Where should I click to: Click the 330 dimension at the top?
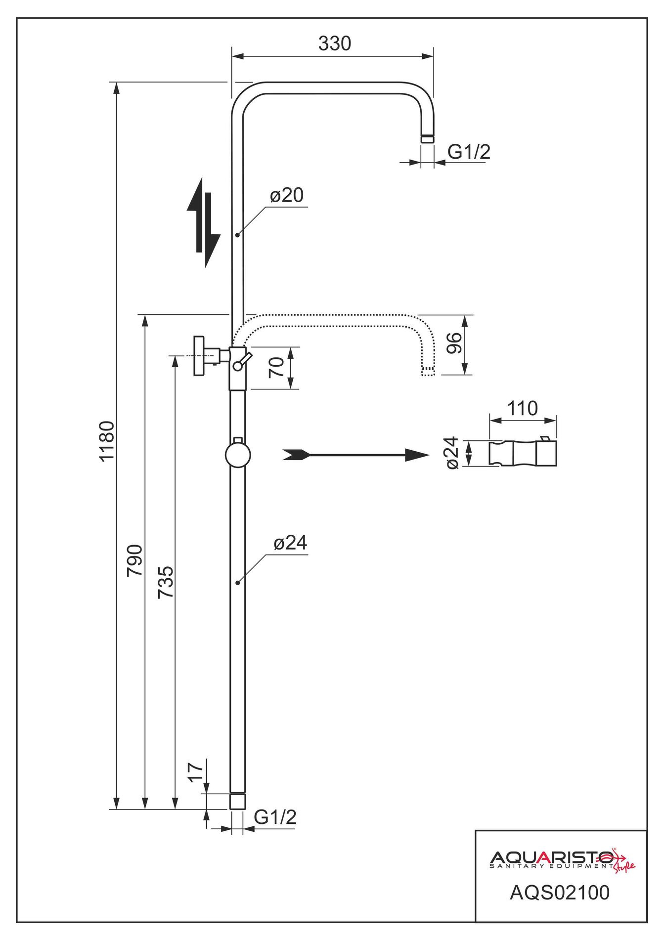(335, 44)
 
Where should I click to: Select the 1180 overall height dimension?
(107, 441)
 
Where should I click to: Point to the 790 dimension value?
(135, 560)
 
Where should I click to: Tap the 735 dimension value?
(166, 583)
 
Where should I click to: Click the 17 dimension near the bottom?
(196, 772)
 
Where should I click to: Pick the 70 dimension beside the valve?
(276, 368)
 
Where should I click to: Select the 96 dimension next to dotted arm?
(454, 343)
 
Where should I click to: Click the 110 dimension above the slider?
(522, 409)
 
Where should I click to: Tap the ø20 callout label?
(287, 195)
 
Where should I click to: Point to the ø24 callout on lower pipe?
(290, 543)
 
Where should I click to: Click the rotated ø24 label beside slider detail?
(452, 453)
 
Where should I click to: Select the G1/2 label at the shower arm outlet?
(469, 152)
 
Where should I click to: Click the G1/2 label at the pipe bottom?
(275, 817)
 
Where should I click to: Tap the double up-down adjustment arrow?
(204, 222)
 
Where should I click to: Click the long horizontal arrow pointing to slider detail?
(355, 455)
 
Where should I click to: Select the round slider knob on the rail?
(238, 455)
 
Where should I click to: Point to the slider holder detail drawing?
(523, 453)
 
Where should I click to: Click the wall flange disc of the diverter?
(199, 356)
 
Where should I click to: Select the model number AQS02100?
(560, 893)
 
